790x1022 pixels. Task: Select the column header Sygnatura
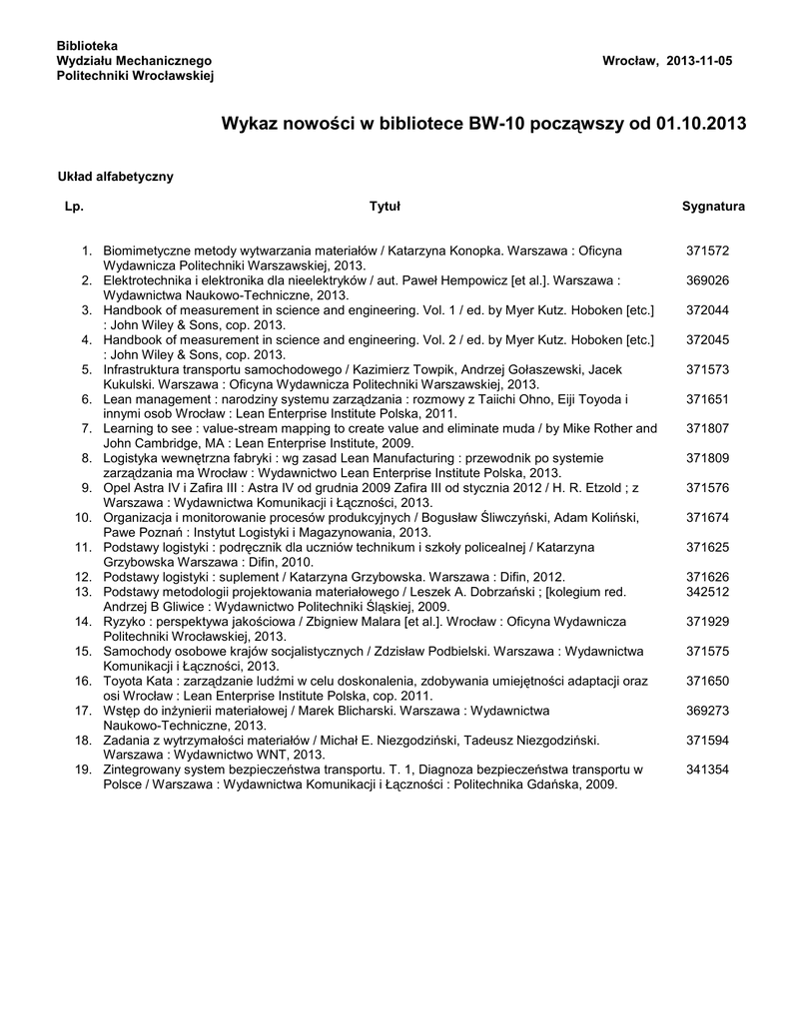pos(713,207)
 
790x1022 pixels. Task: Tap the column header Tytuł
pos(385,207)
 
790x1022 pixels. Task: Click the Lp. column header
pos(73,207)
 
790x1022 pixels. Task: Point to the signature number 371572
pos(707,251)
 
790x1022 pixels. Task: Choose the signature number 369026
pos(707,280)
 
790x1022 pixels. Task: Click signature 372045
pos(707,339)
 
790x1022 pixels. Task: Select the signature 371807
pos(707,428)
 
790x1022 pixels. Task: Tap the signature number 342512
pos(707,591)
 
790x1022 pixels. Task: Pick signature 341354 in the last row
pos(707,769)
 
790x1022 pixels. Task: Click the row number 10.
pos(84,518)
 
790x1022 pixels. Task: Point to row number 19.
pos(84,769)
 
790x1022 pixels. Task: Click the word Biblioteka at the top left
pos(87,47)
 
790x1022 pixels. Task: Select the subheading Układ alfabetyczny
pos(116,177)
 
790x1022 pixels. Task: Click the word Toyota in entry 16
pos(122,681)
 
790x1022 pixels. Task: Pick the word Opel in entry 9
pos(117,488)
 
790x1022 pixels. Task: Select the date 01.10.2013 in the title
pos(700,125)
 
